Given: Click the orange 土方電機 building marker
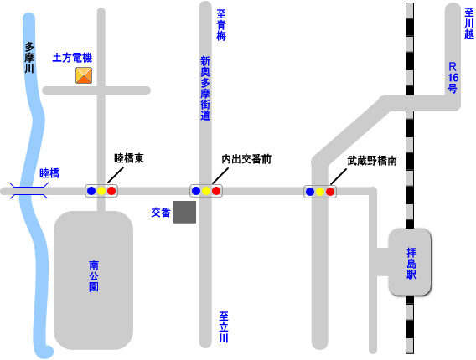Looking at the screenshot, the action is point(84,75).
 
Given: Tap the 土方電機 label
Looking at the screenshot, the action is point(72,58).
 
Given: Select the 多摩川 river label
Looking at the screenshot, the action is point(29,58).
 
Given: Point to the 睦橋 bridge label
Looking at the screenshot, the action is point(49,173).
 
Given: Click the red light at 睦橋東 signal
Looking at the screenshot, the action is point(111,191).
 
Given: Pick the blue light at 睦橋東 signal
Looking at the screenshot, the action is point(91,191).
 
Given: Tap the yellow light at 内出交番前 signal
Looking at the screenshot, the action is point(206,191).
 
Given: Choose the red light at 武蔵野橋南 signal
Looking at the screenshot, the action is point(330,192).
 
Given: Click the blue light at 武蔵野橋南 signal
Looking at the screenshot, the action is point(310,192).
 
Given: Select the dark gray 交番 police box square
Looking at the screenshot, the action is point(184,212).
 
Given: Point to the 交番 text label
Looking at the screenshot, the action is point(161,213).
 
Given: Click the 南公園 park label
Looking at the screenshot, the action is point(94,276).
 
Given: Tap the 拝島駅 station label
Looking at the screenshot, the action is point(411,263).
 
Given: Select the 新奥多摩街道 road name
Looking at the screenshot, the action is point(205,88).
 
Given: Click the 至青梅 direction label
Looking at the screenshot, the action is point(221,25).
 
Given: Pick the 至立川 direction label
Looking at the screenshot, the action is point(224,327).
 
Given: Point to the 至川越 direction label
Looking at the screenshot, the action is point(469,23).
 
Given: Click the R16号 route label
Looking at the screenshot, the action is point(453,78).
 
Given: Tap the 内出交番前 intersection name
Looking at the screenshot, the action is point(246,159).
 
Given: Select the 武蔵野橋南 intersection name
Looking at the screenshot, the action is point(372,161).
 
